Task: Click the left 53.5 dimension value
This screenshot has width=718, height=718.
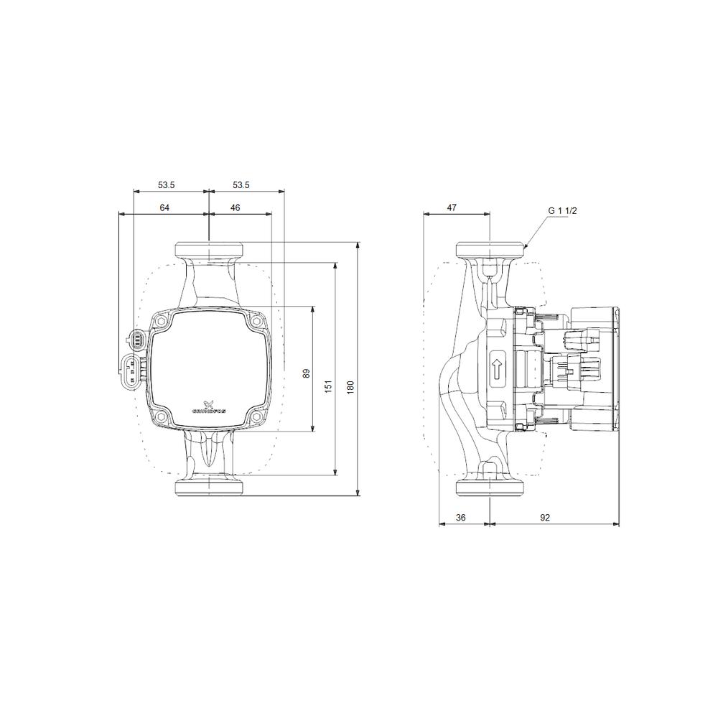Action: [166, 185]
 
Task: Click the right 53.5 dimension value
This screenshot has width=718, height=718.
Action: [241, 185]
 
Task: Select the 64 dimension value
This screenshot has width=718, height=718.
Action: [164, 208]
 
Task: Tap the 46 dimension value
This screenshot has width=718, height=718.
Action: [236, 208]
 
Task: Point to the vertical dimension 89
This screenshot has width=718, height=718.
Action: [307, 373]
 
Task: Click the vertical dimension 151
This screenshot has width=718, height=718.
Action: [329, 386]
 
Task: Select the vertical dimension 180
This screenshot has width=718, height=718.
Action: [350, 386]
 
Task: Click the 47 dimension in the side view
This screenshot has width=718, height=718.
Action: [452, 208]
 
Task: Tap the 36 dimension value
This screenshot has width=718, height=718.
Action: [462, 518]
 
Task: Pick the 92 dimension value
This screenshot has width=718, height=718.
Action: [545, 518]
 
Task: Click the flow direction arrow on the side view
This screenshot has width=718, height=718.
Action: [496, 369]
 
